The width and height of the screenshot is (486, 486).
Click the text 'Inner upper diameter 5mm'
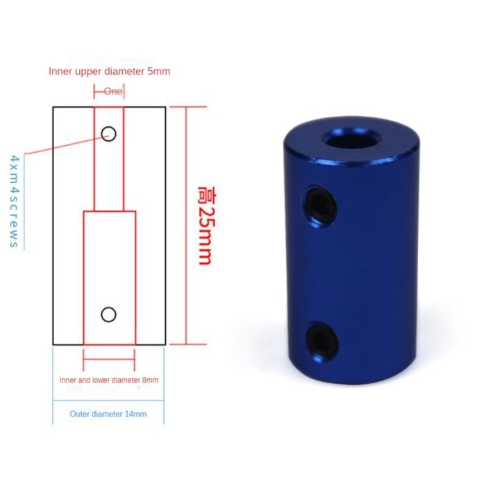coord(109,71)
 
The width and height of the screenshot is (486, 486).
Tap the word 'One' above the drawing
coord(113,91)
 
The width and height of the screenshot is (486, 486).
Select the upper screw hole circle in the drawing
coord(108,133)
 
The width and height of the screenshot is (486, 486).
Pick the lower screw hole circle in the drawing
coord(108,315)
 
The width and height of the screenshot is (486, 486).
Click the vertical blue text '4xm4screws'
coord(13,201)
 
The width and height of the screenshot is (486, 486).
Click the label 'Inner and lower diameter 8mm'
coord(109,380)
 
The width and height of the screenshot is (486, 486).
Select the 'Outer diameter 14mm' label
coord(108,414)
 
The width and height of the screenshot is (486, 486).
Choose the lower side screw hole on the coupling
coord(320,337)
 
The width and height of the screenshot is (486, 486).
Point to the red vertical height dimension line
coord(187,226)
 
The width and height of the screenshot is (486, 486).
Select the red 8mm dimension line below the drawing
coord(108,360)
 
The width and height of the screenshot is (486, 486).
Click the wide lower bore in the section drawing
coord(108,278)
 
